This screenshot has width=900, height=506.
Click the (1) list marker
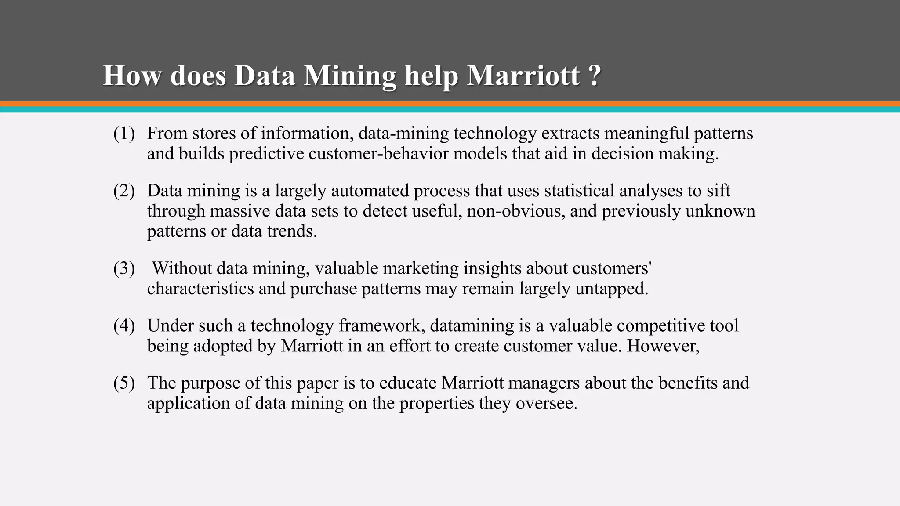point(124,134)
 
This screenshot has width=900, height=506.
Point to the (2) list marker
point(124,191)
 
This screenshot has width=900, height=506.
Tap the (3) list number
point(124,268)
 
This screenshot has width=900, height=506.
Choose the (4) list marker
point(124,326)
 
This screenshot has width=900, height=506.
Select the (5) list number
point(124,383)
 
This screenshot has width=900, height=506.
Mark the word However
point(663,346)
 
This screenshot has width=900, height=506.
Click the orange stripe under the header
point(450,104)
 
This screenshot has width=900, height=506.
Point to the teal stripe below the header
point(450,110)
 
